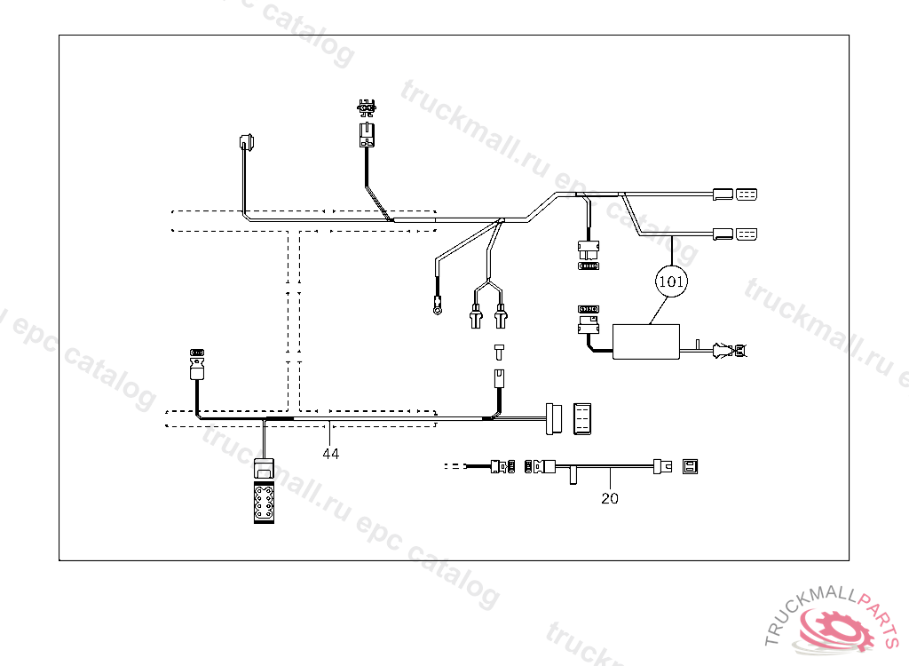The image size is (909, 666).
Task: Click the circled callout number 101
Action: point(672,281)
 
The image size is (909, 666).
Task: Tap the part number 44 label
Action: point(330,453)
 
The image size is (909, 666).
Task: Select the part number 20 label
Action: point(610,498)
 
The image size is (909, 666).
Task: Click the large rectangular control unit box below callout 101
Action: point(646,342)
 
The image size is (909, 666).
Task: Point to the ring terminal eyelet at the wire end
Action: point(436,310)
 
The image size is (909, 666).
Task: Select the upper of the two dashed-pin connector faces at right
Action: point(747,194)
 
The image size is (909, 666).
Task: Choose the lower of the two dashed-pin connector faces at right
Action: point(747,234)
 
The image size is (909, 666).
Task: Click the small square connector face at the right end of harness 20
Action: point(690,465)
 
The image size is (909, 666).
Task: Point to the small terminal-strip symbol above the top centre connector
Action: point(365,107)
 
